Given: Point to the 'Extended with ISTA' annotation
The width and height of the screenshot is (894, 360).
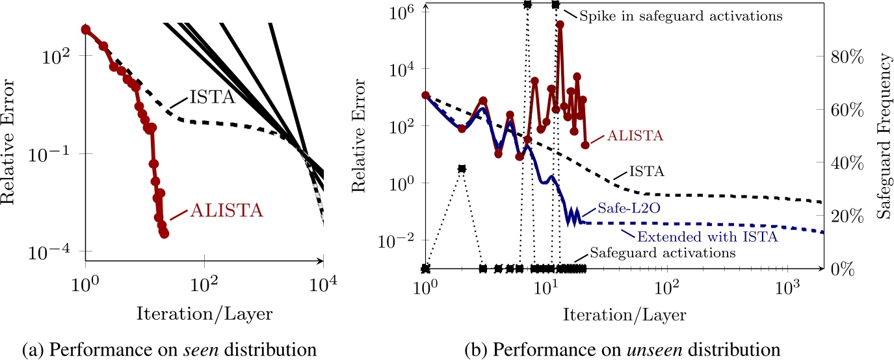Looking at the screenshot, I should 707,237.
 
